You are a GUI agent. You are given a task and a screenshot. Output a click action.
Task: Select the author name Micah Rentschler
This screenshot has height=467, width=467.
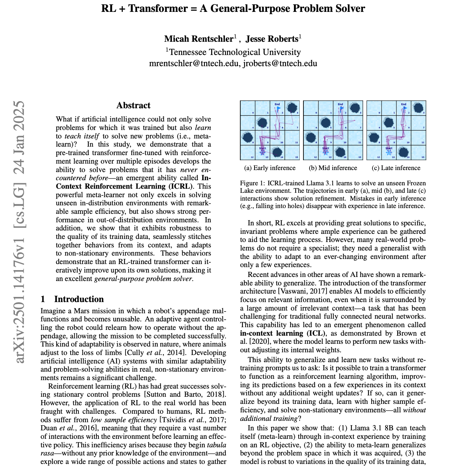coord(199,39)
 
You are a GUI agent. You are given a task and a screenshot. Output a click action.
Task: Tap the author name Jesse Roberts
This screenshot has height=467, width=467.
coord(272,39)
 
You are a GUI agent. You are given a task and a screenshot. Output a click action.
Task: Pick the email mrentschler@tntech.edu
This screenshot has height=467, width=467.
coord(194,63)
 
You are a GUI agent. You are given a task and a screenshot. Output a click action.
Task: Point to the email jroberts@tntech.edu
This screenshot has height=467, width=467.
coord(280,63)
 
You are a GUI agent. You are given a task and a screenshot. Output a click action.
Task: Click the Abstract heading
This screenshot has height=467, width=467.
coord(133,106)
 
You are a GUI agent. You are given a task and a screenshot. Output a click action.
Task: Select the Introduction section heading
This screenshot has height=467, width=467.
coord(79,299)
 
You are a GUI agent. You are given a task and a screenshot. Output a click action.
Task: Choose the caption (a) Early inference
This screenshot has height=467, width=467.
coord(270,168)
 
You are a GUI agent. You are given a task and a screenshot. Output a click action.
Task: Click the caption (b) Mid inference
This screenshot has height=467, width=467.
coord(333,168)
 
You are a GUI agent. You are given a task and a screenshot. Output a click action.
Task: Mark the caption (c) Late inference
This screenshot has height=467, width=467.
coord(396,168)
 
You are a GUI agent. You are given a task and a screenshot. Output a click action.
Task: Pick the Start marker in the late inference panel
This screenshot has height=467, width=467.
coord(389,151)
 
